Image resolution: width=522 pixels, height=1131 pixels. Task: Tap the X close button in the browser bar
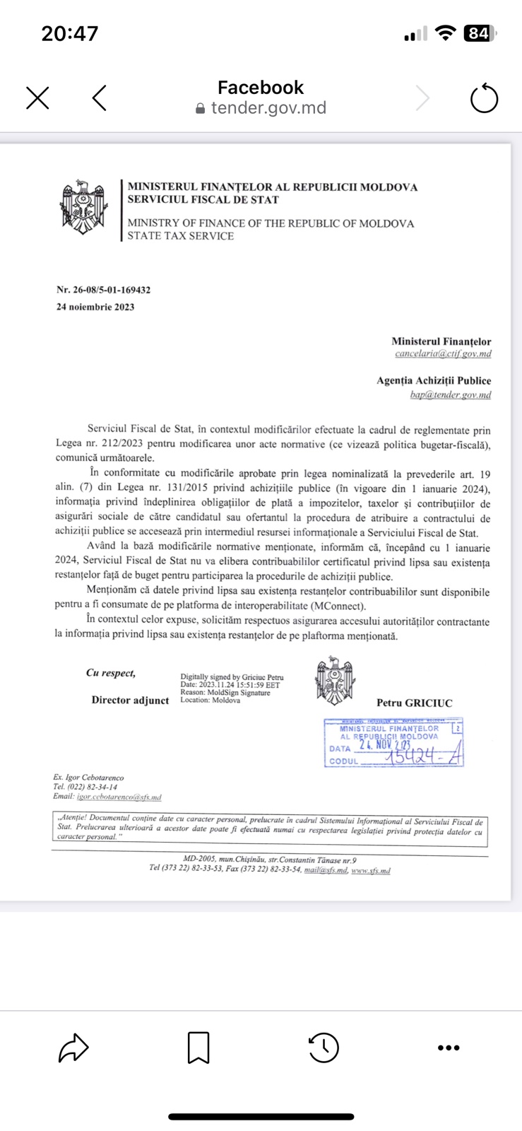[x=37, y=98]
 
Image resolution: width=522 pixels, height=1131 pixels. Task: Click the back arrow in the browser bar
[x=100, y=98]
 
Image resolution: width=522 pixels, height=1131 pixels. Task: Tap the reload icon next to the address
[x=484, y=98]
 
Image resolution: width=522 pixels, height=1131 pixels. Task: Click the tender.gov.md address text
[x=268, y=108]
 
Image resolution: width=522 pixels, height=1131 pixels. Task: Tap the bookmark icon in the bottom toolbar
[x=198, y=1048]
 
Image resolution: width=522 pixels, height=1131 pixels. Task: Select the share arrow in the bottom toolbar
[x=73, y=1048]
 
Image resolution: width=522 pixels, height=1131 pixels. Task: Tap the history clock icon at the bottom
[x=324, y=1048]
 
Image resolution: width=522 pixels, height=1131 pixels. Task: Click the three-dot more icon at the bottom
[x=449, y=1048]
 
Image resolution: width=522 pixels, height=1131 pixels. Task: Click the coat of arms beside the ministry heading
[x=83, y=206]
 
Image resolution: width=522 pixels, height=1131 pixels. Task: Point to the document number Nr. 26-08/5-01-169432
[x=103, y=290]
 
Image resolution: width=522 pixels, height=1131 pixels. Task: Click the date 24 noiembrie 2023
[x=95, y=307]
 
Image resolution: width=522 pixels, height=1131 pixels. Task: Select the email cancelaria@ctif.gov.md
[x=443, y=353]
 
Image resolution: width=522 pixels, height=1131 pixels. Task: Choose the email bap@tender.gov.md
[x=450, y=395]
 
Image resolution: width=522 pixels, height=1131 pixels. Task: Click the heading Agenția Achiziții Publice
[x=434, y=380]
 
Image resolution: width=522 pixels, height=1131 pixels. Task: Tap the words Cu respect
[x=111, y=673]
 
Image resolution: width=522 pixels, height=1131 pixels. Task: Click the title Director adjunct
[x=130, y=701]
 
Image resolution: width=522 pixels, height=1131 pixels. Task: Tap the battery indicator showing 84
[x=479, y=33]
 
